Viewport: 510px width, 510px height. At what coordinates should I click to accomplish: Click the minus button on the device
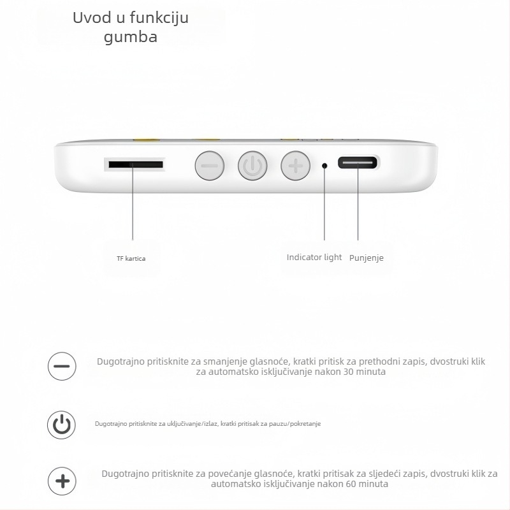pos(209,166)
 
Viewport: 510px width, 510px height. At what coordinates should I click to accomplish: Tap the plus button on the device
pos(295,166)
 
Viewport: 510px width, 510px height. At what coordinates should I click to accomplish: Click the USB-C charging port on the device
pos(357,163)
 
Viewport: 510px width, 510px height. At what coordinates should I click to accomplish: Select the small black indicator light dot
pos(324,166)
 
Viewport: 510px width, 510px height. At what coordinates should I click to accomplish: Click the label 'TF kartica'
pos(131,258)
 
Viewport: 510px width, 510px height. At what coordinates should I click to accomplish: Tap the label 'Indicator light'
pos(314,258)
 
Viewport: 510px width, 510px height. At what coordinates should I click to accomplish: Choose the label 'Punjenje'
pos(367,258)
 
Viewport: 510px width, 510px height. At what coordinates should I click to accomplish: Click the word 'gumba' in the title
pos(131,37)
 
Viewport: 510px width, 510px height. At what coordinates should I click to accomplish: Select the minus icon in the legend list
pos(62,367)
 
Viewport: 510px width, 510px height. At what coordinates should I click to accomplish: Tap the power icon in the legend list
pos(62,424)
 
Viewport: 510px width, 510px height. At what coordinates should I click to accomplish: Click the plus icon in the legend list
pos(62,481)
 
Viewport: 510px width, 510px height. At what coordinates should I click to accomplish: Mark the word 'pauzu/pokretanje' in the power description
pos(298,424)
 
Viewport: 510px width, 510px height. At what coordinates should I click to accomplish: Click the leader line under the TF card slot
pos(133,204)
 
